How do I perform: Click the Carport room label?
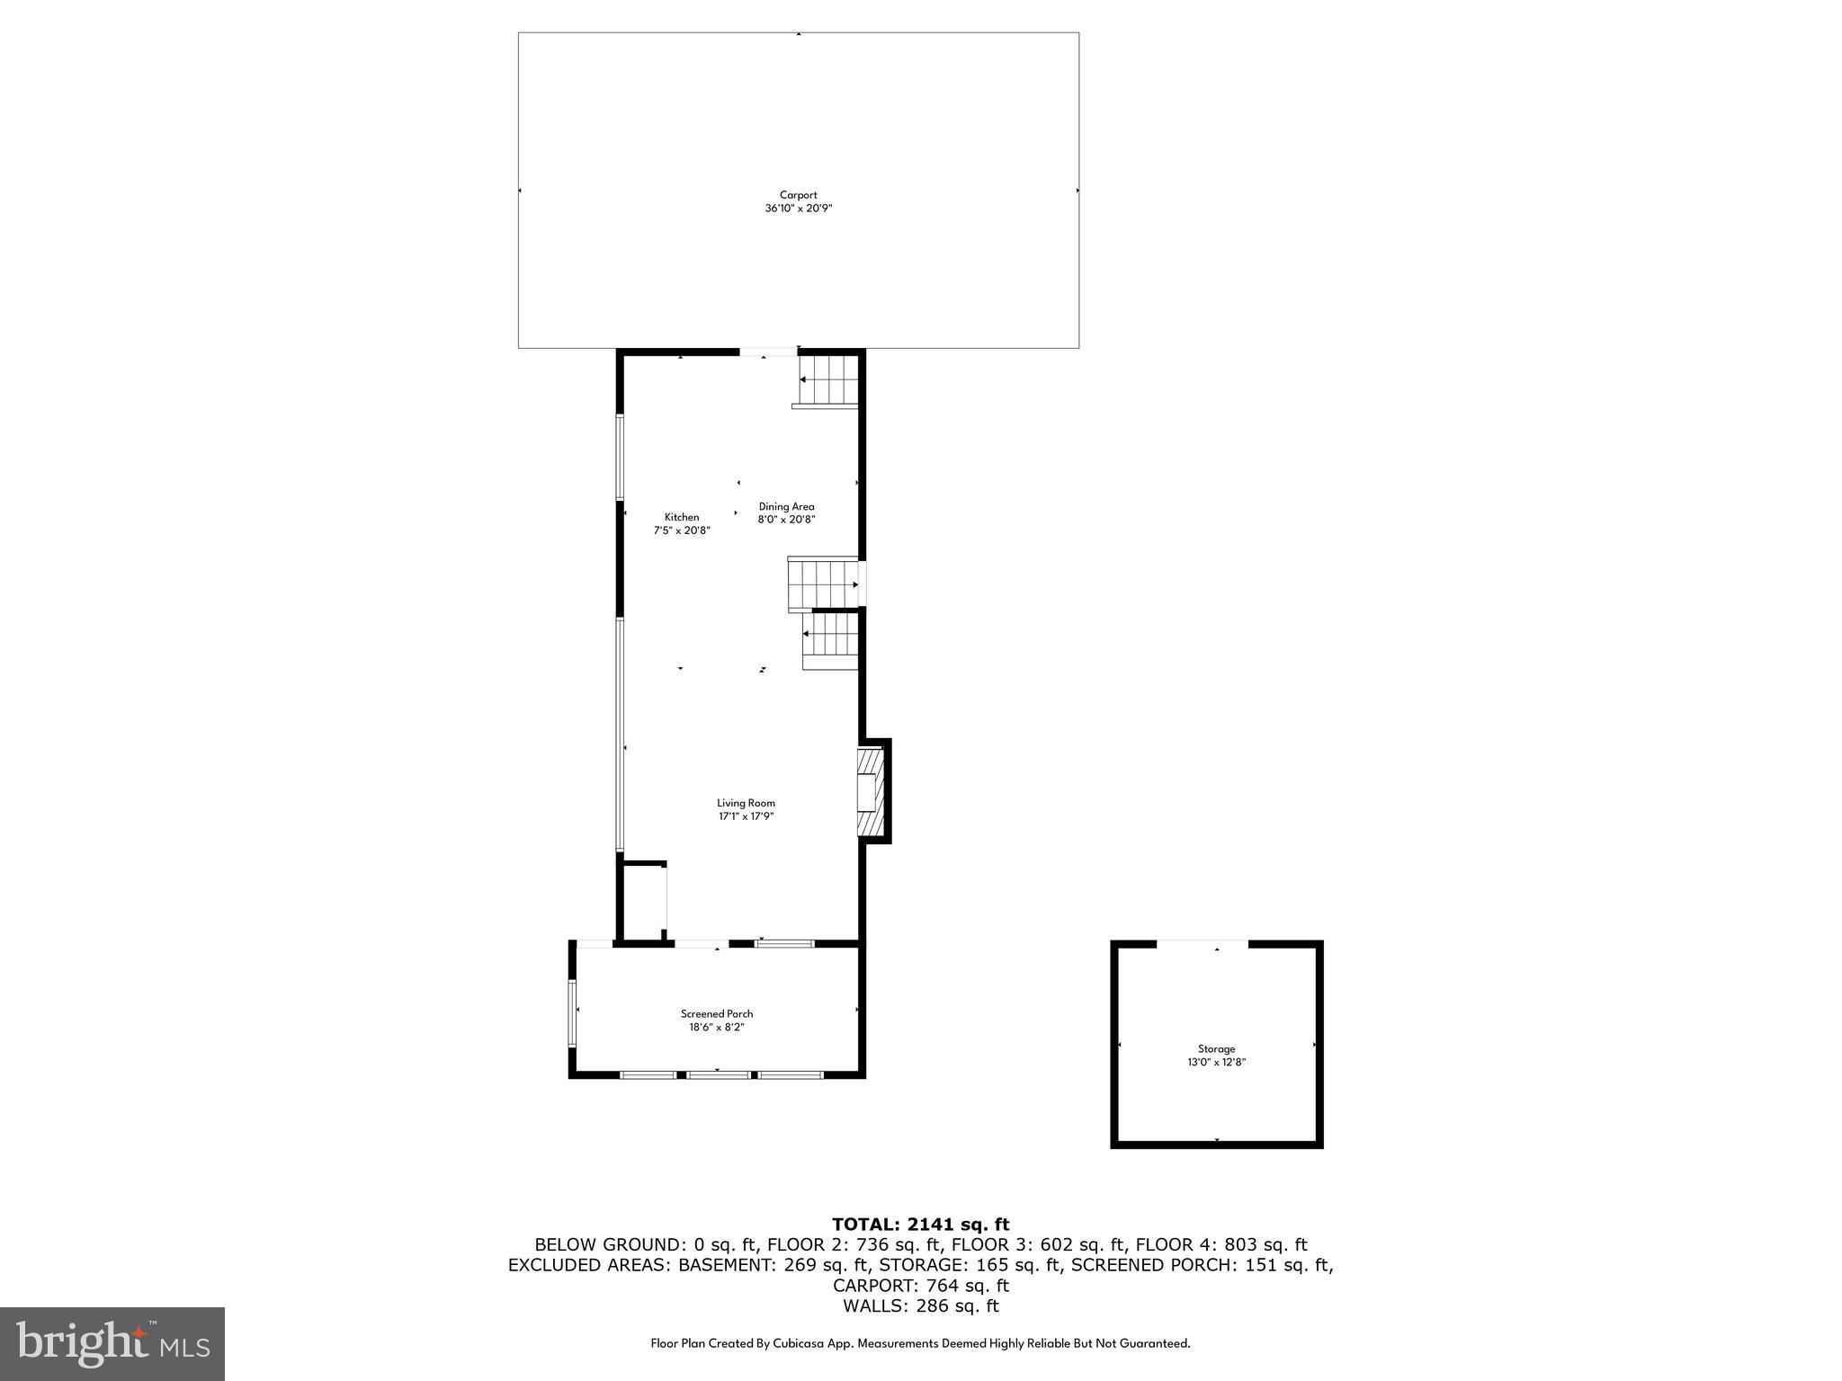(798, 195)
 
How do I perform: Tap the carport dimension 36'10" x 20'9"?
(798, 209)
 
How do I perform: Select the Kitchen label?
(681, 517)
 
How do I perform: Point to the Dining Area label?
(786, 506)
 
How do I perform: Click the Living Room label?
(746, 803)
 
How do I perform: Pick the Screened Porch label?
(717, 1013)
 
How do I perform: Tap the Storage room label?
(1216, 1048)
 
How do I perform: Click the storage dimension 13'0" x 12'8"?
(1216, 1062)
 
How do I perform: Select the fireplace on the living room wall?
(870, 792)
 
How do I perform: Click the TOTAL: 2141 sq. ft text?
(920, 1224)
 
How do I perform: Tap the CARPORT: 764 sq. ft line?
(920, 1286)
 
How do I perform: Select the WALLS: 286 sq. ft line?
(920, 1306)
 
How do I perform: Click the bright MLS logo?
(112, 1343)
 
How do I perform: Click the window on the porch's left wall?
(572, 1013)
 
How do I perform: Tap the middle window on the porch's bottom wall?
(719, 1074)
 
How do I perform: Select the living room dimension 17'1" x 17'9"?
(746, 816)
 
